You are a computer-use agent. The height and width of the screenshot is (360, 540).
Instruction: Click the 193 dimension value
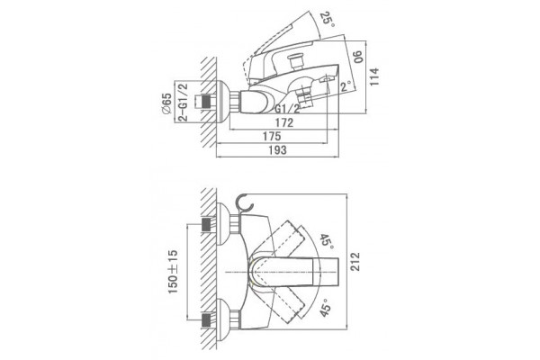coord(278,150)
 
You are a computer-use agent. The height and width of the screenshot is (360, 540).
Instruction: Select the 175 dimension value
coord(272,137)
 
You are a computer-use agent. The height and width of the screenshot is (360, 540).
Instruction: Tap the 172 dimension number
coord(284,122)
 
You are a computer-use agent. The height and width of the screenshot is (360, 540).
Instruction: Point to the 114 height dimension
coord(374,76)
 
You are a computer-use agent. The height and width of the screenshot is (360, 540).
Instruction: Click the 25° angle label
coord(327,21)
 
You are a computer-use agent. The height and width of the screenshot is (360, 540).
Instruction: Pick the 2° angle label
coord(346,85)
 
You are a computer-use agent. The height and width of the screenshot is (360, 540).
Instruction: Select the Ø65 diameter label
coord(166,103)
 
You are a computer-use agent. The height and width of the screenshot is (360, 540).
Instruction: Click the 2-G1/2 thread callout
coord(184,102)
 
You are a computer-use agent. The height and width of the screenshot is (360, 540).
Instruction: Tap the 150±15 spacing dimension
coord(173,272)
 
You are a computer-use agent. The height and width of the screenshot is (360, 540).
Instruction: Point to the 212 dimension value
coord(355,262)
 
